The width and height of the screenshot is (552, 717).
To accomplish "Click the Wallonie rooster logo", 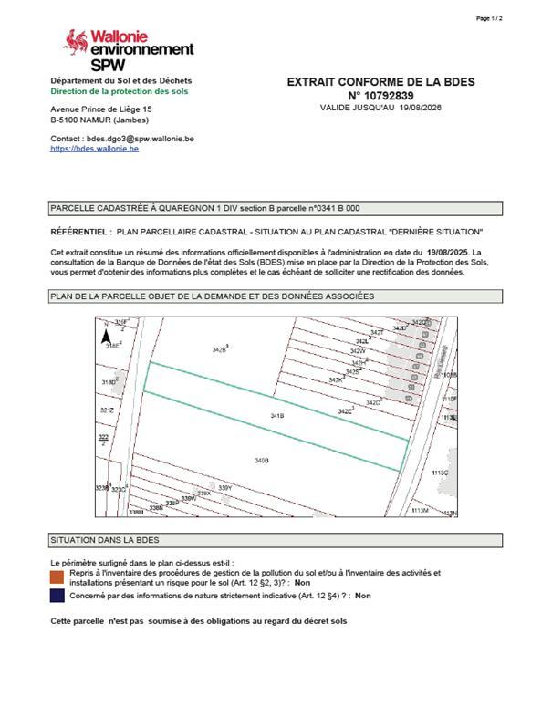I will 75,40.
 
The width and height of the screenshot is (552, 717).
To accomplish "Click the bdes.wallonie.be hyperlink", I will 94,148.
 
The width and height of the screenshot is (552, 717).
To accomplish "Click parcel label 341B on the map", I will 277,416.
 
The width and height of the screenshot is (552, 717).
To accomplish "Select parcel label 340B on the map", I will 261,461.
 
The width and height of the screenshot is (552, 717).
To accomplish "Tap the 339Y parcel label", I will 225,488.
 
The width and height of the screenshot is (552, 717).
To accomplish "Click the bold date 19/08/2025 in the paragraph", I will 446,251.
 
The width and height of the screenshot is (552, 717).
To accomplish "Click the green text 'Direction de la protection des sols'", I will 120,92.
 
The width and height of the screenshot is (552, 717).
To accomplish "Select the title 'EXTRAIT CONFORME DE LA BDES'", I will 380,82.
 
